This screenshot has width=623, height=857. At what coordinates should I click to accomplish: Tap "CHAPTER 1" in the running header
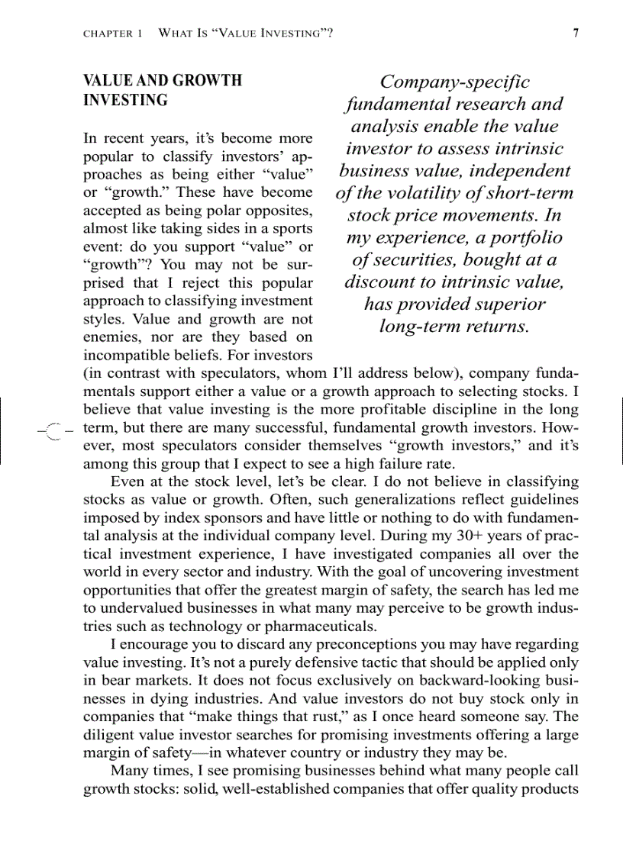click(112, 34)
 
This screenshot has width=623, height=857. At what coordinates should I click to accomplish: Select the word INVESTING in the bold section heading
click(125, 100)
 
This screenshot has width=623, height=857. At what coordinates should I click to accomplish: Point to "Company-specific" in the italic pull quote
click(454, 82)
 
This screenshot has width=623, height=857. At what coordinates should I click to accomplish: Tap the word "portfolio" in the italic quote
click(520, 237)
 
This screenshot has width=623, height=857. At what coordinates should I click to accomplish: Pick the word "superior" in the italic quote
click(507, 304)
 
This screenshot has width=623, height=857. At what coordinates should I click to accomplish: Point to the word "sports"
click(290, 229)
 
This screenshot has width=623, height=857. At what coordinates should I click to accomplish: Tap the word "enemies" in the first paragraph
click(111, 337)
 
